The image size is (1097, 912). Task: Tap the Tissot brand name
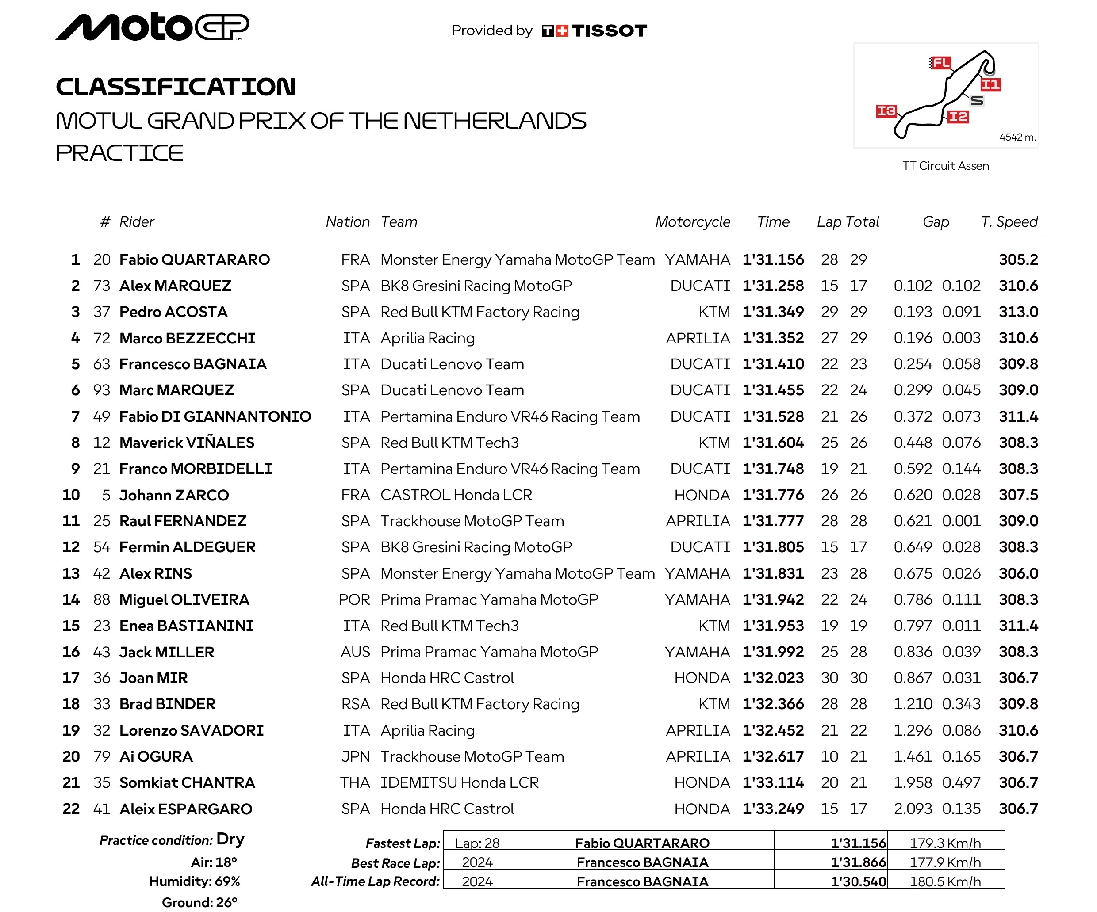609,31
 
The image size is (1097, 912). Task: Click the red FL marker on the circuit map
941,63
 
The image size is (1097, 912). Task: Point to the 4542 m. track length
1017,137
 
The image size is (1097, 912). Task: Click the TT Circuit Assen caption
946,166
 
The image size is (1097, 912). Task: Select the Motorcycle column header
693,222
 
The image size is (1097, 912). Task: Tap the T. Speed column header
1009,222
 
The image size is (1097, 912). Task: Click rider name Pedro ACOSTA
173,312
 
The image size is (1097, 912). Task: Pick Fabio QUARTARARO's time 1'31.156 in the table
773,260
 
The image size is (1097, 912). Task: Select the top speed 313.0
1018,312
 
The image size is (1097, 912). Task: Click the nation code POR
354,600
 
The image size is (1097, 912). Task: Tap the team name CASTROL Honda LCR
456,495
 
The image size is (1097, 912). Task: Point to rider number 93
102,390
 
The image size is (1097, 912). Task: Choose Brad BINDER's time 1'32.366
773,704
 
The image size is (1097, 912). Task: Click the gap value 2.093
913,809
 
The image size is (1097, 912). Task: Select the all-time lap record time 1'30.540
858,882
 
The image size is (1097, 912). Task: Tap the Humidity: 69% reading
194,882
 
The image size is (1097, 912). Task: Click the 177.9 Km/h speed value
945,862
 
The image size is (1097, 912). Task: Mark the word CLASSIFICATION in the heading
176,87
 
